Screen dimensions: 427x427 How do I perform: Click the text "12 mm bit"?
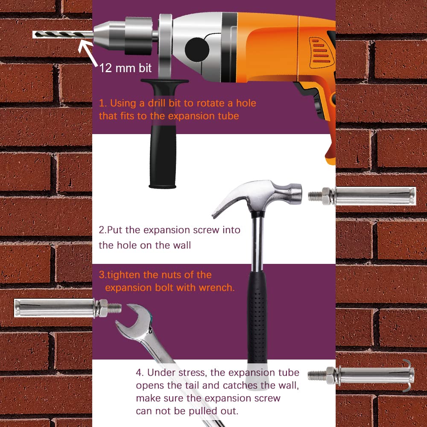coord(125,68)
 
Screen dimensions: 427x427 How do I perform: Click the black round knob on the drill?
coord(197,50)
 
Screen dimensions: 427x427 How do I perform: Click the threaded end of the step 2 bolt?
coord(315,196)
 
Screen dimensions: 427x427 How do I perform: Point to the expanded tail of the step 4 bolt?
coord(408,375)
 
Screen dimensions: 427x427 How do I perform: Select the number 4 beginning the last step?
coord(139,372)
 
